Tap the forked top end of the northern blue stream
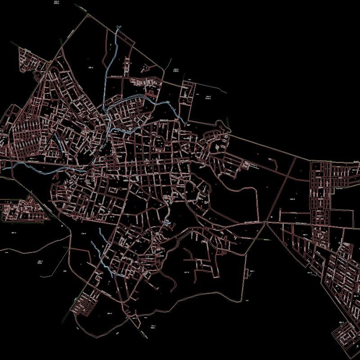(118, 28)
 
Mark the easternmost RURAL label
(208, 98)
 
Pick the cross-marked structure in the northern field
(145, 68)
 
